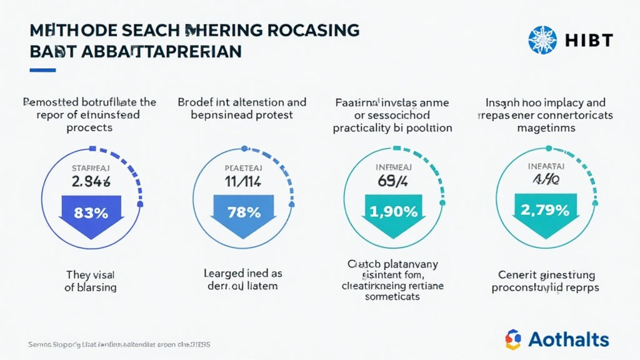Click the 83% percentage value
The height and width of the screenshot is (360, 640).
(x=91, y=212)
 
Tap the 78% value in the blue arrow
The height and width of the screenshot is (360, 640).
(x=244, y=212)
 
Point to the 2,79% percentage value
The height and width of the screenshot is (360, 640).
(x=544, y=210)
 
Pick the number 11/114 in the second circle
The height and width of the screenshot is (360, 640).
(x=243, y=182)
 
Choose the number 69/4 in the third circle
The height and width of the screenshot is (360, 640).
(x=393, y=182)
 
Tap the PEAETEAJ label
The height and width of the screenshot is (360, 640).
(x=243, y=167)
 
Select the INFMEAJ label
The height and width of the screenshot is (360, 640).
(x=393, y=167)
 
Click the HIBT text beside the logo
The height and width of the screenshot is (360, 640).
(x=589, y=41)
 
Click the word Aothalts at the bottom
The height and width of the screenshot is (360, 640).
(x=569, y=339)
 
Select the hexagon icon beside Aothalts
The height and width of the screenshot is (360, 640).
(x=513, y=339)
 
